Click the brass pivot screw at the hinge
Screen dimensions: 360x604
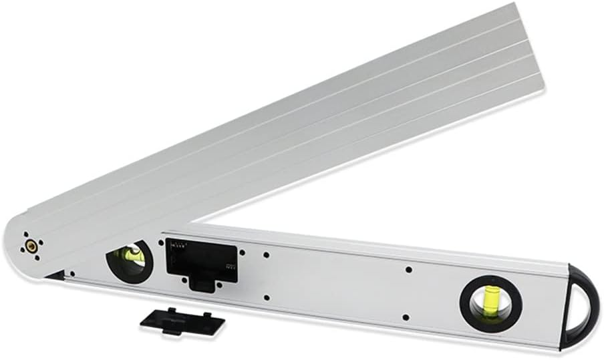31,247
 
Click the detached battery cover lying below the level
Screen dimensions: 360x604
182,321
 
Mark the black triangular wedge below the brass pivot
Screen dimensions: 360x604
56,275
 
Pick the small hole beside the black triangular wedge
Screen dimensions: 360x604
72,274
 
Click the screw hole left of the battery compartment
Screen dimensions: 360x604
160,241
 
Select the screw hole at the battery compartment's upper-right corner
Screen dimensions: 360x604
241,252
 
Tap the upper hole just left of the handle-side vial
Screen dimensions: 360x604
408,270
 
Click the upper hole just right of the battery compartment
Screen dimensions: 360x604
266,254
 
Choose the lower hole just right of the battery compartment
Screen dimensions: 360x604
266,297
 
